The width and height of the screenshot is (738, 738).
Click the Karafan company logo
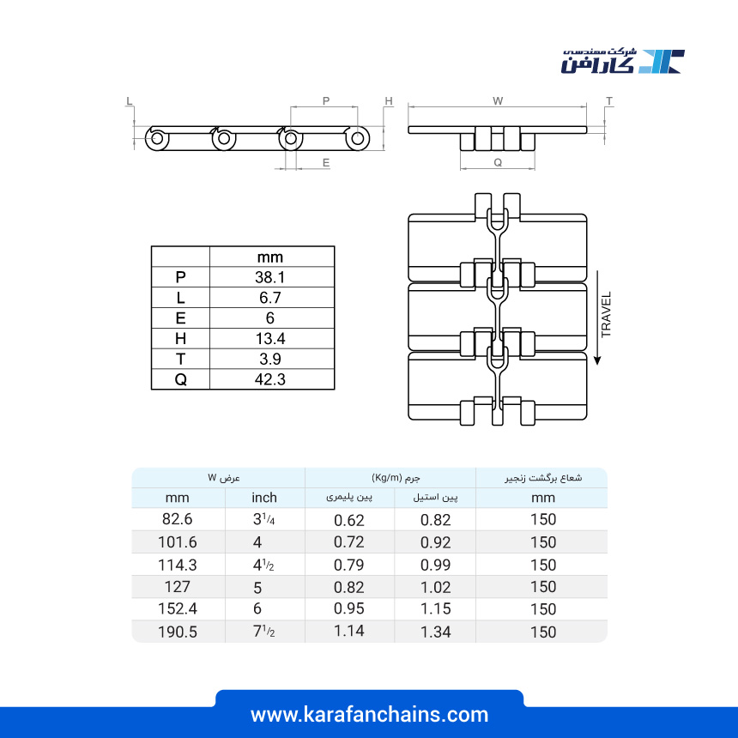(623, 61)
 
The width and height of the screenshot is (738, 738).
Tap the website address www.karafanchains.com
(370, 715)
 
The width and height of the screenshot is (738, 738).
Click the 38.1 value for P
(270, 277)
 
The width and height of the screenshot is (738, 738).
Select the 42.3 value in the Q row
(270, 379)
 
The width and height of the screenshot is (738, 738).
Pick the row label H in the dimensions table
(180, 338)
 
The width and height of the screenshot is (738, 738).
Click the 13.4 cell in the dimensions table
(270, 338)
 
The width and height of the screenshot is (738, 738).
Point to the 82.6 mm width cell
(177, 519)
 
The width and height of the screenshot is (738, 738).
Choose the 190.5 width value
(177, 632)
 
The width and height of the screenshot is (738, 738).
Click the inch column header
(264, 498)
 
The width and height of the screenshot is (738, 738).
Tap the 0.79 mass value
(348, 565)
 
